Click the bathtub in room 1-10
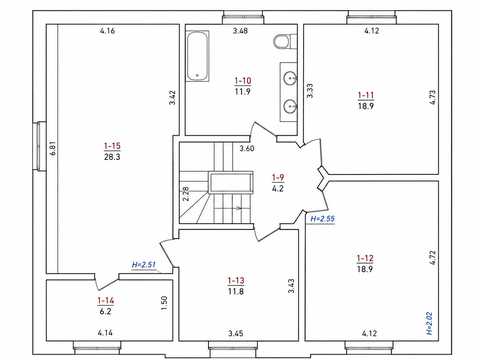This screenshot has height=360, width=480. pyautogui.click(x=198, y=56)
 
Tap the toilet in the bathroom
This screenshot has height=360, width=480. pyautogui.click(x=284, y=42)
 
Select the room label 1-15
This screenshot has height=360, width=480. pyautogui.click(x=112, y=146)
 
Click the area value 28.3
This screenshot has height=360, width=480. pyautogui.click(x=112, y=157)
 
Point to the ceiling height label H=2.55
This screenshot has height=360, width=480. pyautogui.click(x=322, y=219)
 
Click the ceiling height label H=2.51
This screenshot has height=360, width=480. pyautogui.click(x=144, y=265)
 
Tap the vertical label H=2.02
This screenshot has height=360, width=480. pyautogui.click(x=429, y=323)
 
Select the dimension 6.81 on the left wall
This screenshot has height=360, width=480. pyautogui.click(x=53, y=149)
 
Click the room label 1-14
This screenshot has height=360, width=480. pyautogui.click(x=106, y=301)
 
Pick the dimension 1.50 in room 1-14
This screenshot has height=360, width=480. pyautogui.click(x=164, y=303)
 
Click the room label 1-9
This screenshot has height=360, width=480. pyautogui.click(x=278, y=178)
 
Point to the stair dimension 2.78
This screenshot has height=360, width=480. pyautogui.click(x=186, y=193)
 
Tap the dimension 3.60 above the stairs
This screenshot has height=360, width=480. pyautogui.click(x=247, y=148)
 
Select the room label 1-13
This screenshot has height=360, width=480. pyautogui.click(x=236, y=281)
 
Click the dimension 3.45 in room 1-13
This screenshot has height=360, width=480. pyautogui.click(x=236, y=333)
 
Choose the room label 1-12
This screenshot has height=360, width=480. pyautogui.click(x=365, y=258)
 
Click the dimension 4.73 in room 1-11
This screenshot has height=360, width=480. pyautogui.click(x=432, y=97)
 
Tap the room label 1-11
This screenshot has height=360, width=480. pyautogui.click(x=366, y=95)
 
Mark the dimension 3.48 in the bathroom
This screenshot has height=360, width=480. pyautogui.click(x=240, y=31)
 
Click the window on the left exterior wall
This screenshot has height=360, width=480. pyautogui.click(x=39, y=147)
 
